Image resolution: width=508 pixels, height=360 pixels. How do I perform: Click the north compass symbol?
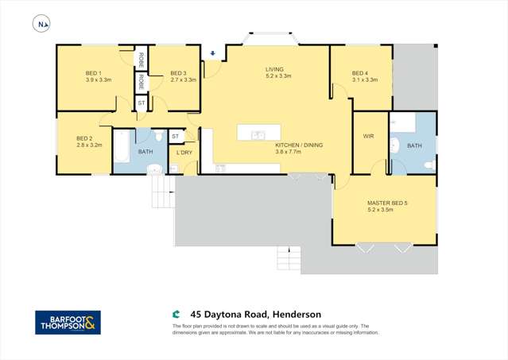pos(41,25)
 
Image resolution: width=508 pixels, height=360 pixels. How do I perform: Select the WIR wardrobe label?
pos(368,137)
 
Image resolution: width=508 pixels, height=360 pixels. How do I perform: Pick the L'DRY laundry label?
pos(184,153)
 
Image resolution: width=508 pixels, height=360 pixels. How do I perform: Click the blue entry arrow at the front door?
pos(212,54)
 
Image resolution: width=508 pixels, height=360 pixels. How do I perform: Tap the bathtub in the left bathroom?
pos(121,148)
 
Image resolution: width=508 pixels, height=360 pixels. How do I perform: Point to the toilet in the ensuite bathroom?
pos(429,165)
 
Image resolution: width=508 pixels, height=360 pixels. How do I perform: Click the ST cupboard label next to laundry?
pos(176,136)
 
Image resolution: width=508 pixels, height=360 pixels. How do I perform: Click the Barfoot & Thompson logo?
pos(68,322)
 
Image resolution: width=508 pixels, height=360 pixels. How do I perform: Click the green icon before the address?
pos(177,314)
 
